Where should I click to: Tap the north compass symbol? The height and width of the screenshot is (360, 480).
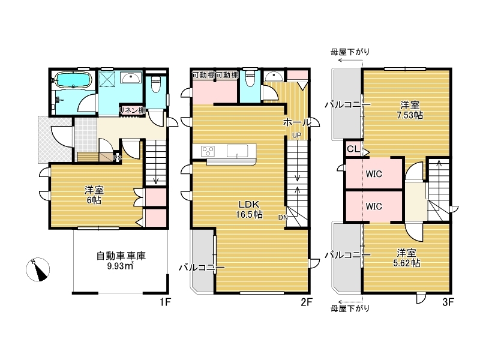(38, 269)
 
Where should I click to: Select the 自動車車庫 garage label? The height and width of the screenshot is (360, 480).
(121, 256)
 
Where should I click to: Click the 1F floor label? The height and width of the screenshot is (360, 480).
(164, 302)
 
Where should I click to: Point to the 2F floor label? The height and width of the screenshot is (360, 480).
(306, 302)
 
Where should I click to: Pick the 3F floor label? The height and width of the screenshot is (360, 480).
(448, 302)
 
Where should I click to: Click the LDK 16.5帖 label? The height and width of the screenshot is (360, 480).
(249, 209)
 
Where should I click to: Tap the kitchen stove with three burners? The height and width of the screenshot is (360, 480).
(208, 151)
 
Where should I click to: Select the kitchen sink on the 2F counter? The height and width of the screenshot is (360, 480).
(237, 151)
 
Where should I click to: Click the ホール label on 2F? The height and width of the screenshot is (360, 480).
(296, 122)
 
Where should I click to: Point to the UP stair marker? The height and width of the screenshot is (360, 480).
(296, 135)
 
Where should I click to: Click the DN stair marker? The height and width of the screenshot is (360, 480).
(283, 217)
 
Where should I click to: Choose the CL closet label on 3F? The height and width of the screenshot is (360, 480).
(353, 149)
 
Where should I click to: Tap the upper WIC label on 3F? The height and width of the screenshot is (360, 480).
(374, 174)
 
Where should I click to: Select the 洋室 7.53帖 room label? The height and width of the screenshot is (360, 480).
(410, 110)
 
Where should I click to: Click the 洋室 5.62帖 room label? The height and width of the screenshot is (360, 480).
(406, 258)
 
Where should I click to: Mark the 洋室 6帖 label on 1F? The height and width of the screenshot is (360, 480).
(94, 196)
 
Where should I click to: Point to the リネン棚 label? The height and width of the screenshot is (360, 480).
(132, 110)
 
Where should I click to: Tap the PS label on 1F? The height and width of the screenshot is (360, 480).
(118, 158)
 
